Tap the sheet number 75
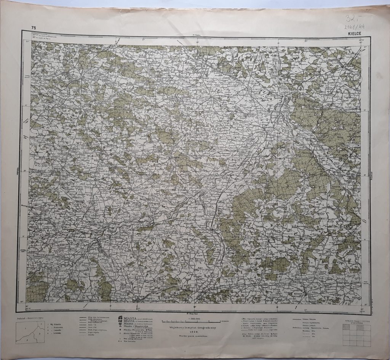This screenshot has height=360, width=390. pyautogui.click(x=34, y=28)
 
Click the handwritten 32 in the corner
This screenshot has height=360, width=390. pyautogui.click(x=353, y=18)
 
